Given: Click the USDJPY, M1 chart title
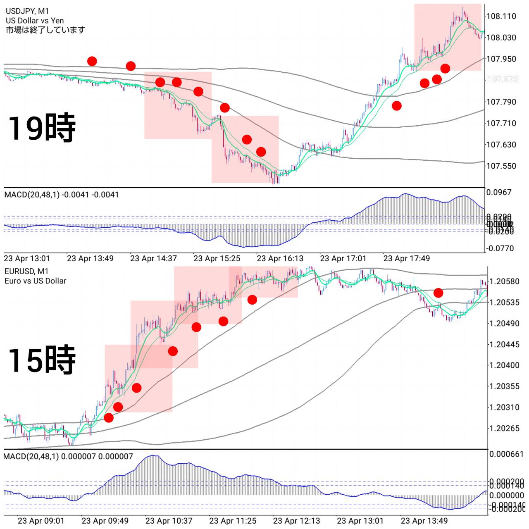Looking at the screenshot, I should (x=27, y=11).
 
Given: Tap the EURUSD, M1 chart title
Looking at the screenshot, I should (x=26, y=271).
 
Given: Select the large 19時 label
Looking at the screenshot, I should (x=41, y=128).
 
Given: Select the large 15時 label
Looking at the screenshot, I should (x=41, y=360).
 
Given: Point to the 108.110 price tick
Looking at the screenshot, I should (x=501, y=16).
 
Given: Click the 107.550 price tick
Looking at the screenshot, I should (x=501, y=166).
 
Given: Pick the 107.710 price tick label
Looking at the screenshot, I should (x=501, y=123).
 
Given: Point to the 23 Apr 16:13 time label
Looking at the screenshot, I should (x=280, y=259).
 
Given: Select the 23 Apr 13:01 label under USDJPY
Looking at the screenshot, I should (x=27, y=259).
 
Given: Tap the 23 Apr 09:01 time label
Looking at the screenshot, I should (x=41, y=521).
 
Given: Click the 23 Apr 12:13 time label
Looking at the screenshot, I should (x=296, y=521).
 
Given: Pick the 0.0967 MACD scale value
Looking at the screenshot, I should (x=499, y=192).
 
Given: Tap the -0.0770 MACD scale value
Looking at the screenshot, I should (x=500, y=248).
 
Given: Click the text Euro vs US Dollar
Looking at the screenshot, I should (x=36, y=281).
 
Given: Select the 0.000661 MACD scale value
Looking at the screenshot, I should (x=506, y=454).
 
